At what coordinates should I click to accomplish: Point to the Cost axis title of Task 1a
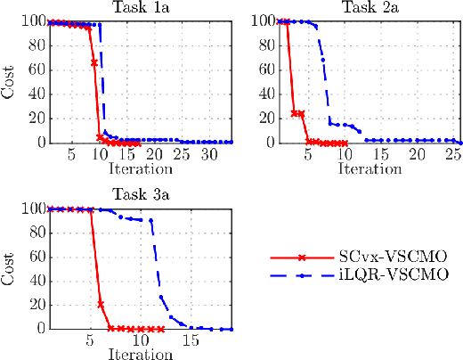(x=8, y=82)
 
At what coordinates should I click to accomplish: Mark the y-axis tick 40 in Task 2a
(x=258, y=94)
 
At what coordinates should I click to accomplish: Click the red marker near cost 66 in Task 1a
(x=94, y=62)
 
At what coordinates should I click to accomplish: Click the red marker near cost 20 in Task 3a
(x=100, y=304)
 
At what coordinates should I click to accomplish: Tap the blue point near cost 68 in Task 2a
(x=322, y=61)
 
